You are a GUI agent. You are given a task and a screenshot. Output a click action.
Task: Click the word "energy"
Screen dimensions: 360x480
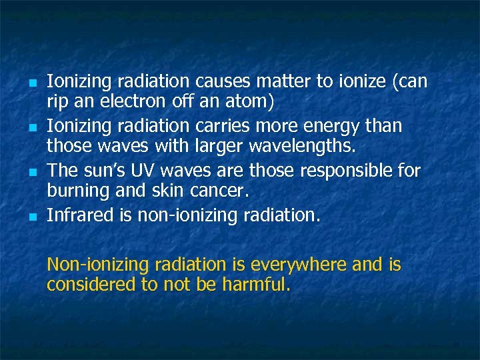341,126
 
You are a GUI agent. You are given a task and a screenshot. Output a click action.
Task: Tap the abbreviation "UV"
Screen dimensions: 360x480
143,171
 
